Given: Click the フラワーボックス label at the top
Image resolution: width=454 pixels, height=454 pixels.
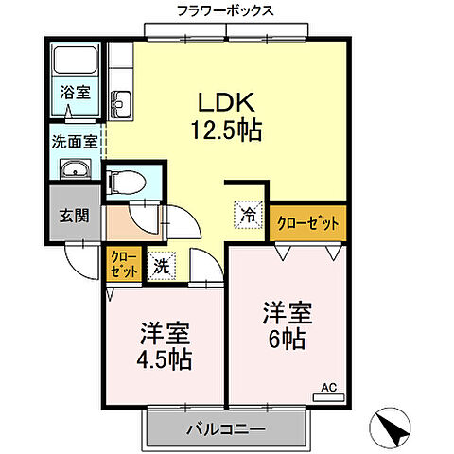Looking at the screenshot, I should [x=225, y=10].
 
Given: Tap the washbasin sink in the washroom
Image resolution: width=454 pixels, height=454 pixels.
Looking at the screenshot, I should [x=75, y=170].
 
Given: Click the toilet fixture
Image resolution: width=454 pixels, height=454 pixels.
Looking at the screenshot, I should [x=125, y=181].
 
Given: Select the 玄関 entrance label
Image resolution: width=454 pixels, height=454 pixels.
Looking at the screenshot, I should [x=73, y=216].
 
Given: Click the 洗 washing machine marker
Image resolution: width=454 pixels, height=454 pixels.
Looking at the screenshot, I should [x=161, y=266].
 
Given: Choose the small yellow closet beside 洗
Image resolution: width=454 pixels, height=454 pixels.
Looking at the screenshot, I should [x=124, y=264].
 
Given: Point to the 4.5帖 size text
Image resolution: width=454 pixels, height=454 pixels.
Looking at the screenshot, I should [x=166, y=359].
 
